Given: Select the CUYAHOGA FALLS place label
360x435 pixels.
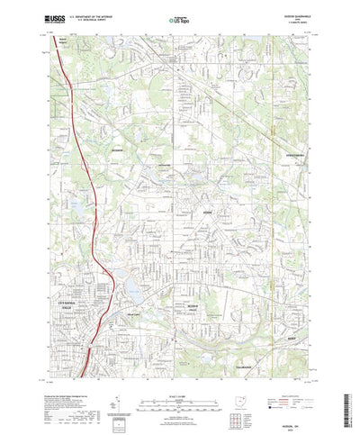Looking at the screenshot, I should coord(89,281).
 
